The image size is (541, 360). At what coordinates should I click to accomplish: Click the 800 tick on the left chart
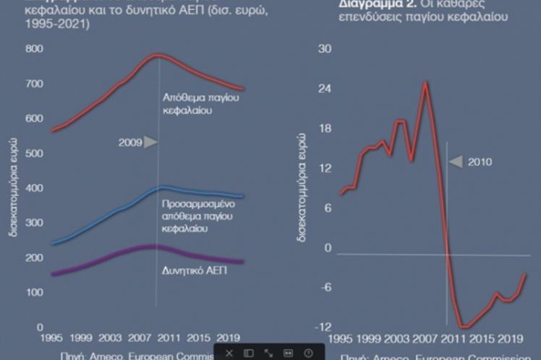(34, 48)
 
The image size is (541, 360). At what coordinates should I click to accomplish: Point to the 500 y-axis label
(34, 154)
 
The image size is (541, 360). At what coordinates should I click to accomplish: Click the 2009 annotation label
(129, 142)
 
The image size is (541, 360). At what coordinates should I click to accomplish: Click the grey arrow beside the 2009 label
(150, 142)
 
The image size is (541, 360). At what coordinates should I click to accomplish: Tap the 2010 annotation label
(480, 162)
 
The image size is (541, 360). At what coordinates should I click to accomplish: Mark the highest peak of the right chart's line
(426, 82)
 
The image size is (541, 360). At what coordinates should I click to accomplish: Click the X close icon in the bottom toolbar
(229, 353)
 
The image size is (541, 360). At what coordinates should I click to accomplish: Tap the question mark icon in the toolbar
(308, 353)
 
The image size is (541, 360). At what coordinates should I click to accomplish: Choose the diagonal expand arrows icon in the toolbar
(268, 353)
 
